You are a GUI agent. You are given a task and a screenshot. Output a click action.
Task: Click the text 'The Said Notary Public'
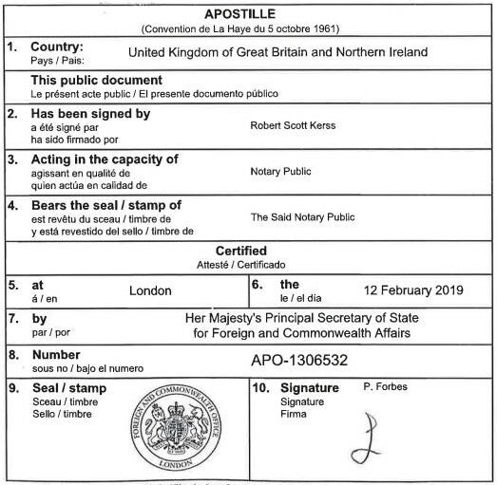pos(301,217)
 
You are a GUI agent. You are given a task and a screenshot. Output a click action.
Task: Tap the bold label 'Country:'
pos(57,47)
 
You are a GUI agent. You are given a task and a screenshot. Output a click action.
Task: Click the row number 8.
pos(12,355)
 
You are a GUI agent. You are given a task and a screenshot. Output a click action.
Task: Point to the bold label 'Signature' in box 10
pos(309,389)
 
